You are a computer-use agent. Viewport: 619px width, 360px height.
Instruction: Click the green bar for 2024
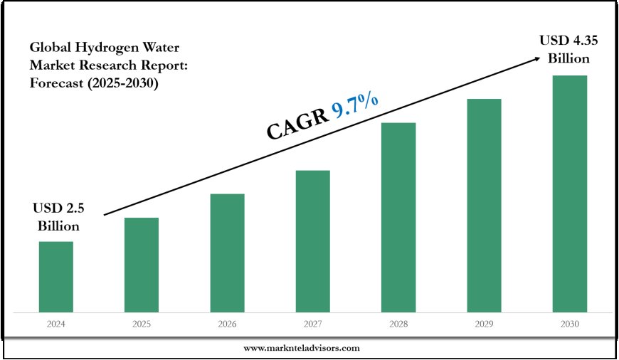click(55, 277)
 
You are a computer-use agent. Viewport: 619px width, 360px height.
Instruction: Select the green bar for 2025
click(142, 265)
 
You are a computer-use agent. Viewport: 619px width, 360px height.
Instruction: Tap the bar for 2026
click(227, 253)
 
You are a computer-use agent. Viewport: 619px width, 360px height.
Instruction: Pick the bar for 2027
click(312, 241)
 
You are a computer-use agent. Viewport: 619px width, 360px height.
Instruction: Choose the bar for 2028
click(398, 217)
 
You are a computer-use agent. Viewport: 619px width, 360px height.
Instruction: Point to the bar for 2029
click(484, 205)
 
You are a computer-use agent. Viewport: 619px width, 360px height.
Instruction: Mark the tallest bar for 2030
click(570, 194)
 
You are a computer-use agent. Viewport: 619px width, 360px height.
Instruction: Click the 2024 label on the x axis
click(55, 324)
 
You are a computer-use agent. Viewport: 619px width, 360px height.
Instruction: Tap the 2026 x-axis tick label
click(227, 324)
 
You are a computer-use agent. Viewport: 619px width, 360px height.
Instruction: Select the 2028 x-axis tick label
click(398, 324)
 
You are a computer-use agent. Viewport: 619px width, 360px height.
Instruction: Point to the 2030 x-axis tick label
click(570, 324)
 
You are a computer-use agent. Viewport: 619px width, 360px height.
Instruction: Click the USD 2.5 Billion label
click(55, 218)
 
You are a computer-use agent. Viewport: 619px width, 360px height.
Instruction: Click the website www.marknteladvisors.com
click(302, 348)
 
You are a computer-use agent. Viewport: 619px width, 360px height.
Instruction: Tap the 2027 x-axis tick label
click(312, 324)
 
